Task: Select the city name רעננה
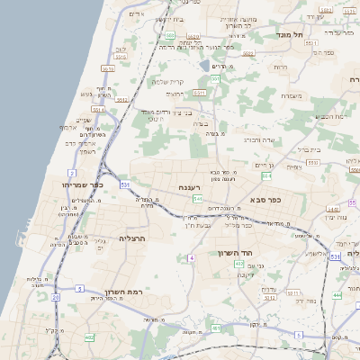[189, 187]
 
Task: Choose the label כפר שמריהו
[84, 184]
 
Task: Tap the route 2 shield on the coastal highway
[72, 171]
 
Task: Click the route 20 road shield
[55, 296]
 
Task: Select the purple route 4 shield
[191, 258]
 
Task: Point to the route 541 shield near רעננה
[197, 198]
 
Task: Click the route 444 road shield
[337, 295]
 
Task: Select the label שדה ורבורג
[258, 139]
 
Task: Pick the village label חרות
[280, 67]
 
